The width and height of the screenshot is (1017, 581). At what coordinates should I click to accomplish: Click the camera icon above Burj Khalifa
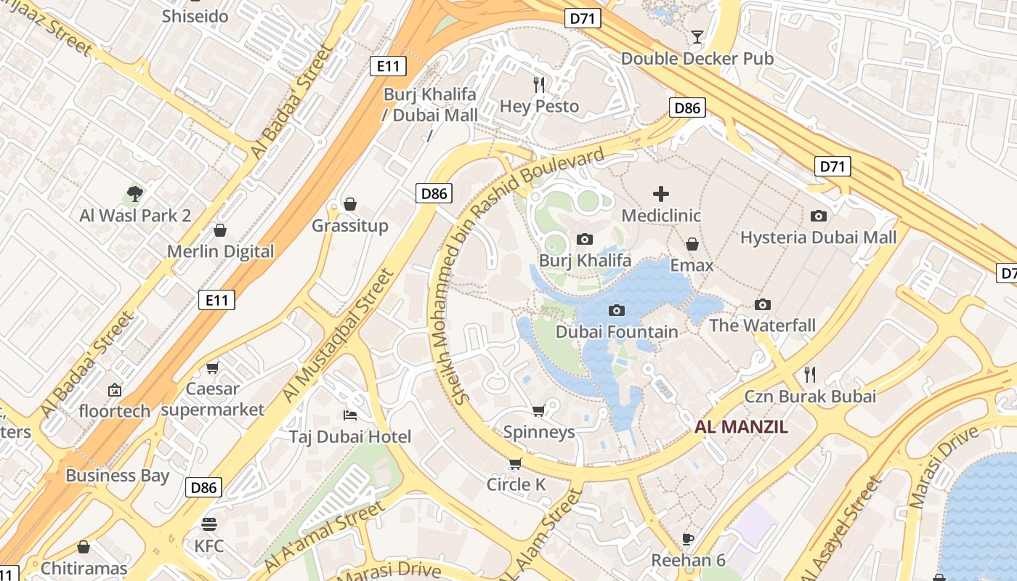tap(584, 239)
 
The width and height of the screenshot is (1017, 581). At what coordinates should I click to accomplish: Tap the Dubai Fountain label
tap(617, 332)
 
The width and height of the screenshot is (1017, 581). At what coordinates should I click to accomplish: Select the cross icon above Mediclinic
tap(661, 194)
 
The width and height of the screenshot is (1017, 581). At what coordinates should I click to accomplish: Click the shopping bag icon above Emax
tap(692, 244)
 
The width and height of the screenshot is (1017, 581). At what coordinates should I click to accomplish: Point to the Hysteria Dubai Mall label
tap(818, 237)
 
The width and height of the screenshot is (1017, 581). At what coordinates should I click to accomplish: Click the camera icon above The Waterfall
tap(762, 304)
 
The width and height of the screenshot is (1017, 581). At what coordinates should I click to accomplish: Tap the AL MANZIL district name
tap(741, 427)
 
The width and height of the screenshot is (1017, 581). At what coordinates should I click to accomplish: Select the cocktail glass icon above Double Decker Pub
tap(697, 37)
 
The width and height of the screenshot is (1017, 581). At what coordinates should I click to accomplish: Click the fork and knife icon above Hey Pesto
tap(539, 85)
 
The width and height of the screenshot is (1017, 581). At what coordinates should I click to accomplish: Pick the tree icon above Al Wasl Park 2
tap(134, 194)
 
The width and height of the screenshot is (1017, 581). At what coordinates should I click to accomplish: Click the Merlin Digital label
tap(221, 252)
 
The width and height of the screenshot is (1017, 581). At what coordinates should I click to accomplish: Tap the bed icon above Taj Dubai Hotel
tap(350, 415)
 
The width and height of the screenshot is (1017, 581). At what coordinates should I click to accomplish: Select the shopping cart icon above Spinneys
tap(539, 411)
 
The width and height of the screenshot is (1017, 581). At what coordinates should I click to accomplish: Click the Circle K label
tap(516, 484)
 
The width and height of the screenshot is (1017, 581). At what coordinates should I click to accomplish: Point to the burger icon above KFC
tap(209, 524)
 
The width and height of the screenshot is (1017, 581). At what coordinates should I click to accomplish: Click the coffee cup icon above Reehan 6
tap(688, 539)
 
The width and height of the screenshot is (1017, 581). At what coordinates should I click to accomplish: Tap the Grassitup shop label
tap(350, 226)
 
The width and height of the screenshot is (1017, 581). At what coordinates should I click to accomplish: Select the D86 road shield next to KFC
tap(203, 487)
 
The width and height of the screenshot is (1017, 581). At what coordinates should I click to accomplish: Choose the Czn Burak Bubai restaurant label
tap(810, 397)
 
